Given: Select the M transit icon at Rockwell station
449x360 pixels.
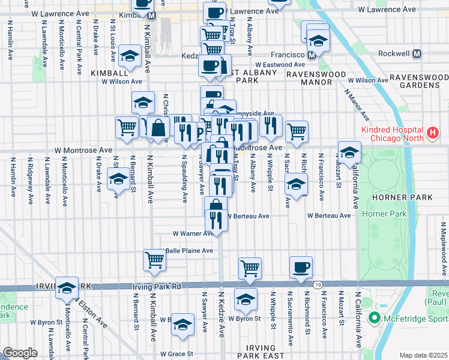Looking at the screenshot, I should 417,54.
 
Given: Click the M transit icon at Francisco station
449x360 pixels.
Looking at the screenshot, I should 312,55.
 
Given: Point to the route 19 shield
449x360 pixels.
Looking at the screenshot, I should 318,284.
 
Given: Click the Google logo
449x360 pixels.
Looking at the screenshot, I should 20,353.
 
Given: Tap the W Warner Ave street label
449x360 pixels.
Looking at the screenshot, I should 193,233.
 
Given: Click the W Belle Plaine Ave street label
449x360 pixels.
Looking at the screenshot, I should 187,251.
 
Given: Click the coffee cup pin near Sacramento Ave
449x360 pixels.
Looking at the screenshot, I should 301,268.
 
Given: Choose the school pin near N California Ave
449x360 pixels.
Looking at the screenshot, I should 349,152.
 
